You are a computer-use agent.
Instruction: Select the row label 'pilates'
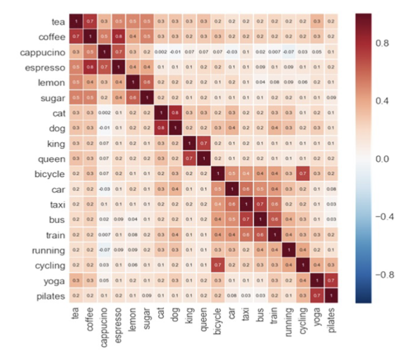click(x=48, y=295)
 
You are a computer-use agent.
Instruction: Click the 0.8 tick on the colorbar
click(x=381, y=43)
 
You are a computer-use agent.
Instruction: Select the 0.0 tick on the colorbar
click(x=381, y=159)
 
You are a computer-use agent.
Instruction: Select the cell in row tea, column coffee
click(x=89, y=21)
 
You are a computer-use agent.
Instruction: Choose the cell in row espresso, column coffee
click(x=89, y=66)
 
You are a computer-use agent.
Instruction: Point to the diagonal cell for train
click(x=274, y=234)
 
